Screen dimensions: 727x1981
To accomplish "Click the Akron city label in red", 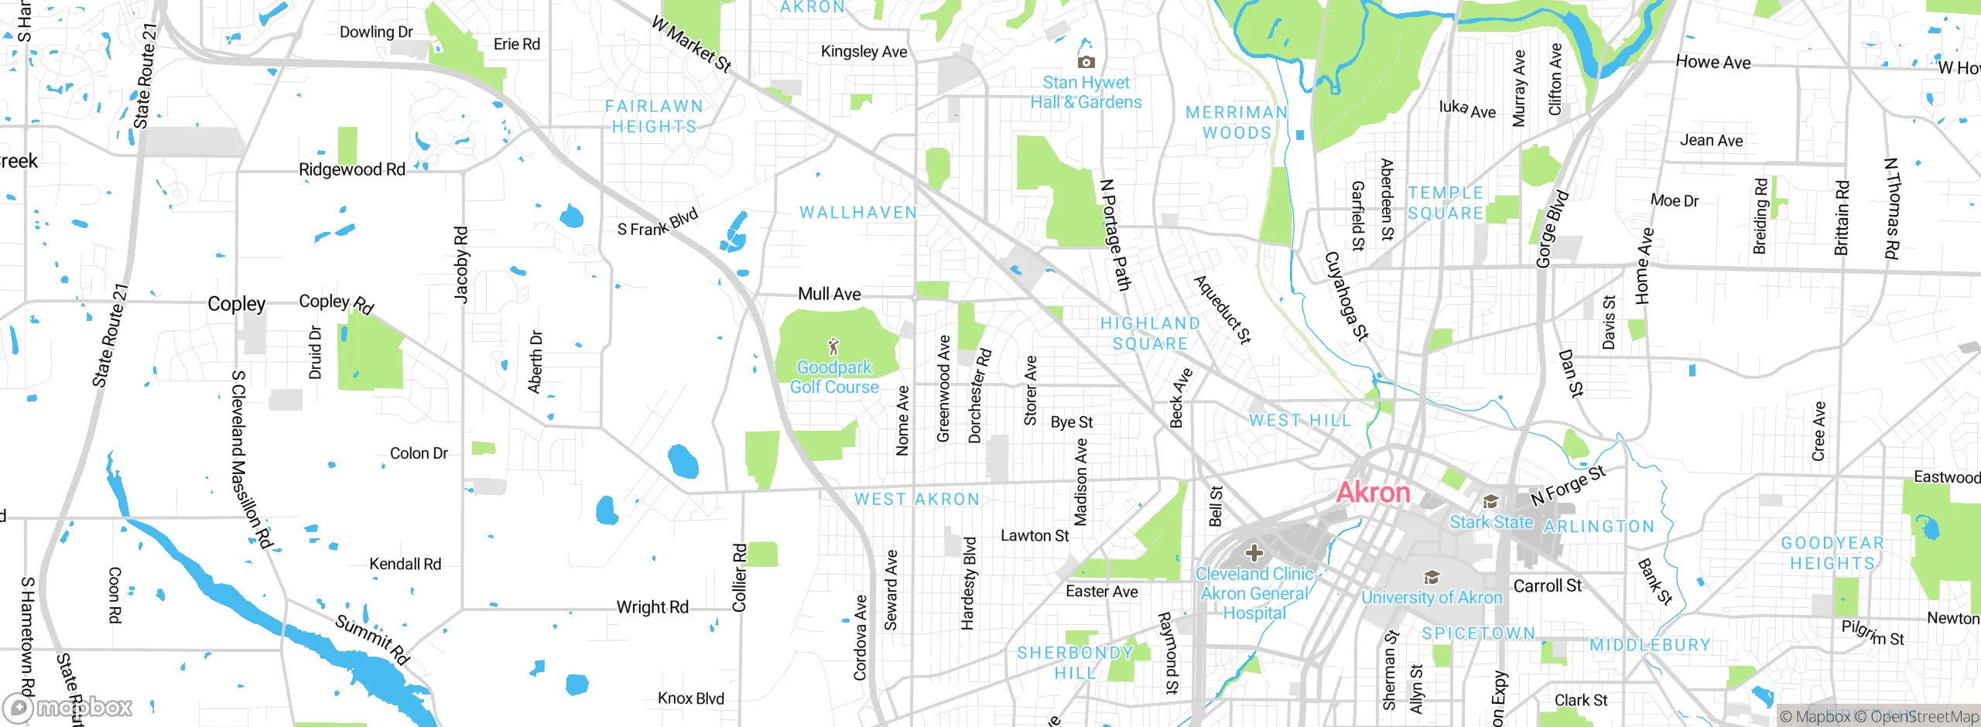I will tap(1374, 493).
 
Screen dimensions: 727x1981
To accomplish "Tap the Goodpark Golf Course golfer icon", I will tap(833, 346).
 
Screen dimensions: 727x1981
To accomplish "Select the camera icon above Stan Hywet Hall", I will tap(1086, 62).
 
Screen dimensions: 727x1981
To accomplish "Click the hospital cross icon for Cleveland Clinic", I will tap(1254, 553).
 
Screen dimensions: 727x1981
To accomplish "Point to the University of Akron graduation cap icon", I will tap(1432, 578).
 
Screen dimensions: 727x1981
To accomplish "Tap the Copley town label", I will tap(236, 304).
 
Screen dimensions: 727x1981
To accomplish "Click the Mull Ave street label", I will tap(829, 294).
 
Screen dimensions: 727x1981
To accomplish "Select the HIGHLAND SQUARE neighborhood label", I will tap(1150, 333).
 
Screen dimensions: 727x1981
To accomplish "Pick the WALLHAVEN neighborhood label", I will tap(857, 212).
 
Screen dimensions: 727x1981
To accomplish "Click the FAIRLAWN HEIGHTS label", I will tap(654, 116).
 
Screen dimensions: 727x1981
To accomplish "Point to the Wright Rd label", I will tap(652, 607).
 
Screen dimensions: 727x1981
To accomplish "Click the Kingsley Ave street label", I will tap(864, 52).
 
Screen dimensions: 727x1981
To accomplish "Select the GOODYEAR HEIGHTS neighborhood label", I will tap(1832, 553).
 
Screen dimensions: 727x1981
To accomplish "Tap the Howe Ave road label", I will tap(1712, 63).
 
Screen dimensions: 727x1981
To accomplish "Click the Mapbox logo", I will tap(68, 707).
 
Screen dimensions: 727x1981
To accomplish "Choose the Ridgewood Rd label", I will tap(352, 169).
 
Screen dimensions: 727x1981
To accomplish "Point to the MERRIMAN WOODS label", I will tap(1236, 122).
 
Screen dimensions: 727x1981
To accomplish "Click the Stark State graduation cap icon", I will tap(1490, 502).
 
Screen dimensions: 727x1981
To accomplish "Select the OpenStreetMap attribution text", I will tap(1921, 717).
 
